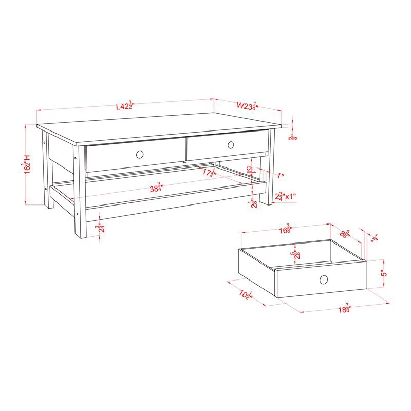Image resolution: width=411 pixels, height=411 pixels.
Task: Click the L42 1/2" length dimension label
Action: (125, 106)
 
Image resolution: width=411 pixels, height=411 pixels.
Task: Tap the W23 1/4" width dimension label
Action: (247, 106)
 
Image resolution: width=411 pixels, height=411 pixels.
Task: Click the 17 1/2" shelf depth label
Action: (208, 173)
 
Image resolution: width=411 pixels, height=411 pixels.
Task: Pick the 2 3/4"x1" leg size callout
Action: (286, 196)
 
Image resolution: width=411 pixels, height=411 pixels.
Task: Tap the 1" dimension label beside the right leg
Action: (281, 176)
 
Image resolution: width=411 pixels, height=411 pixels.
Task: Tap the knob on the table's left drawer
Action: (140, 154)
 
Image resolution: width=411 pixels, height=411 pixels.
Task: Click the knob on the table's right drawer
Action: (231, 144)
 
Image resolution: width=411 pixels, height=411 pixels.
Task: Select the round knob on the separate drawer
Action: (324, 279)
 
